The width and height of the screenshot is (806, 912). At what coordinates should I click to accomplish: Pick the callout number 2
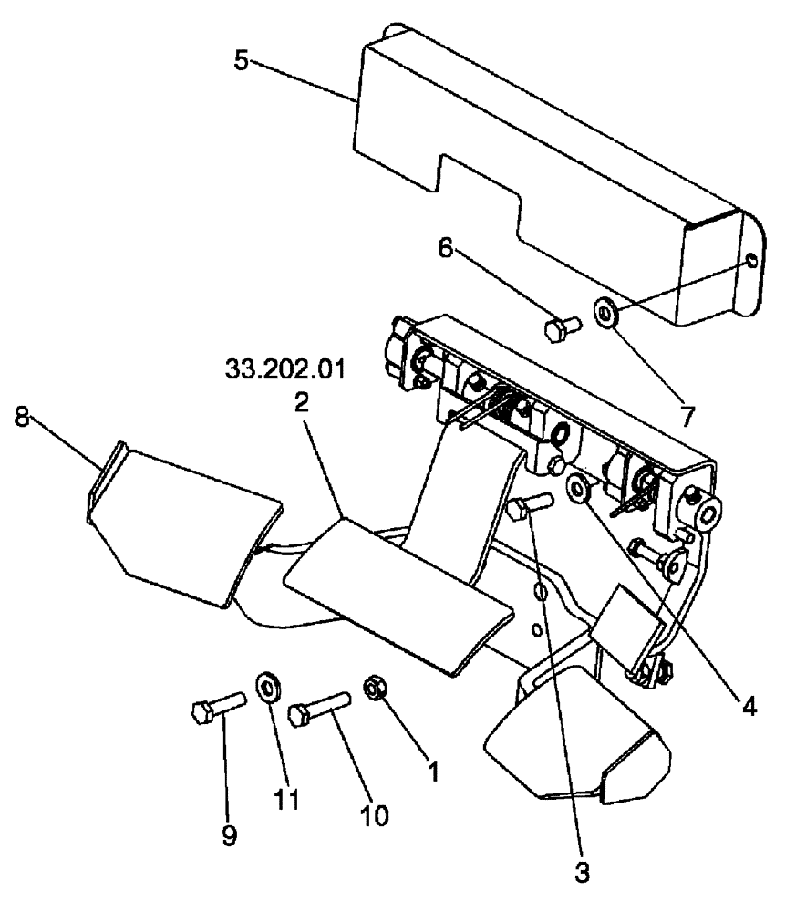coord(301,405)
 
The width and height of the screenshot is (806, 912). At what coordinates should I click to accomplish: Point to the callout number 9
coord(229,834)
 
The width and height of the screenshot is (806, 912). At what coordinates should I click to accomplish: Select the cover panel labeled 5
coord(547,182)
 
